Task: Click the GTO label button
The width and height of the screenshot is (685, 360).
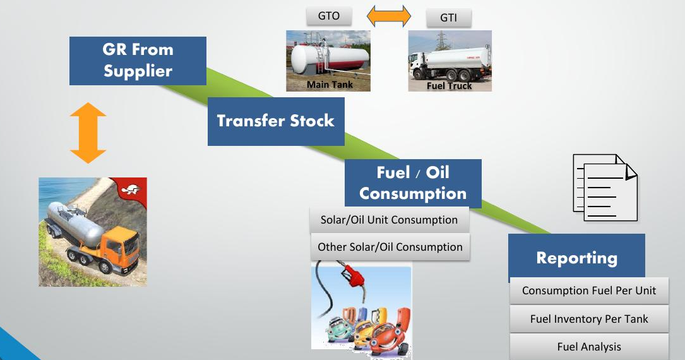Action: [x=328, y=16]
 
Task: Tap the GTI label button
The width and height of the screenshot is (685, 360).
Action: [x=449, y=18]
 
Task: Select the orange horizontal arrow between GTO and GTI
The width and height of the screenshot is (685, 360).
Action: [x=389, y=16]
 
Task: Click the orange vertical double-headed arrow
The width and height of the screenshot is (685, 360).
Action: [x=88, y=133]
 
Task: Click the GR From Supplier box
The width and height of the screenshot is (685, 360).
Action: [x=138, y=61]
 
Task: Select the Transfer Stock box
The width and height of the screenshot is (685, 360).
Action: [x=276, y=121]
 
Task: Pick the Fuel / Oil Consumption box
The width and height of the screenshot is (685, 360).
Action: [x=414, y=184]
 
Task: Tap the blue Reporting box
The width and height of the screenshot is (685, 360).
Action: [x=576, y=258]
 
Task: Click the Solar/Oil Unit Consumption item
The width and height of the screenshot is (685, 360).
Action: [x=390, y=220]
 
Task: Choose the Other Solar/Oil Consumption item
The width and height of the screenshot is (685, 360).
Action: [x=390, y=247]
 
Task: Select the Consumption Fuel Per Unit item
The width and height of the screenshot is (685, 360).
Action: [x=589, y=291]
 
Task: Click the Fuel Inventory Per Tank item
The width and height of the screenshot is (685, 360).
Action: [x=589, y=319]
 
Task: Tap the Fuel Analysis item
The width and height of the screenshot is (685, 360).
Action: [x=589, y=347]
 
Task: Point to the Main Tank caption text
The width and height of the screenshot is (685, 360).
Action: [x=330, y=85]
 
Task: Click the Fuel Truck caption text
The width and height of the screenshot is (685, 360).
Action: [x=449, y=86]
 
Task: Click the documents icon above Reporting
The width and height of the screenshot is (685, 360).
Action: [x=605, y=188]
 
